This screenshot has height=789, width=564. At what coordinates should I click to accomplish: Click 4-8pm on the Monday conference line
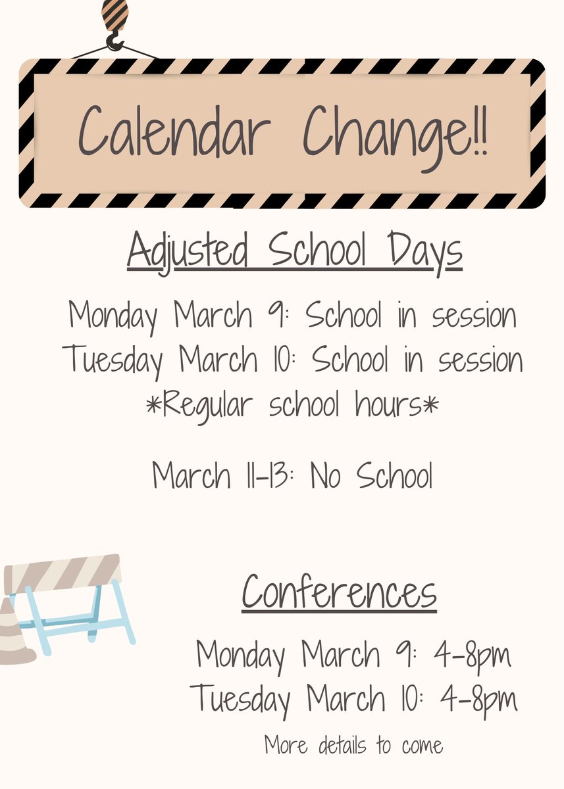(x=472, y=655)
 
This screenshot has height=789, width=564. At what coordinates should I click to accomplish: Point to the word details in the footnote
(x=345, y=746)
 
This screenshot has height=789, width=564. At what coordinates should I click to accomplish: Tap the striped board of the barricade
(x=63, y=571)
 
